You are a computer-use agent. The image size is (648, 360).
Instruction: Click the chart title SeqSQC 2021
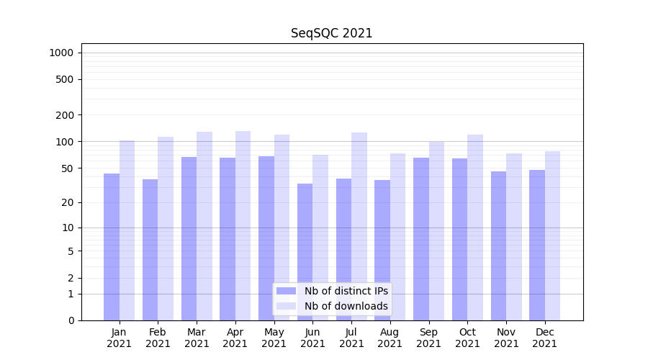coord(331,33)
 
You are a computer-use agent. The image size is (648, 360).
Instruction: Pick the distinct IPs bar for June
coord(305,251)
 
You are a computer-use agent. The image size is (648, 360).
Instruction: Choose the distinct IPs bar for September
coord(421,238)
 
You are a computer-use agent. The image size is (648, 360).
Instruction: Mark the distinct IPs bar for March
coord(189,238)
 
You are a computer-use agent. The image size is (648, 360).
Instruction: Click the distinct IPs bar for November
coord(498,246)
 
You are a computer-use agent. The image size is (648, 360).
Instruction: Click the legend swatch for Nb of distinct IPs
coord(286,291)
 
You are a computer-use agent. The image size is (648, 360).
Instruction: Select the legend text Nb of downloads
coord(346,306)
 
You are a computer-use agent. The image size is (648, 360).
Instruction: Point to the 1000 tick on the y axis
coord(61,53)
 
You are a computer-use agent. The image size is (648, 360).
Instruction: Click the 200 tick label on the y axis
coord(66,115)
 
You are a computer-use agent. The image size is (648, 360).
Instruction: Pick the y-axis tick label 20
coord(68,202)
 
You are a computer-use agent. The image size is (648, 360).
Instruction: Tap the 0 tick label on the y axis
coord(71,320)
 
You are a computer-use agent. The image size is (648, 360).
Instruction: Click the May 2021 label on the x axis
coord(274,338)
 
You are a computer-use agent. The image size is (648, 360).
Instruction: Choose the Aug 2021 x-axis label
coord(390,338)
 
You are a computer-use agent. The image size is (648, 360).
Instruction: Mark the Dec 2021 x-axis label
coord(544,338)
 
